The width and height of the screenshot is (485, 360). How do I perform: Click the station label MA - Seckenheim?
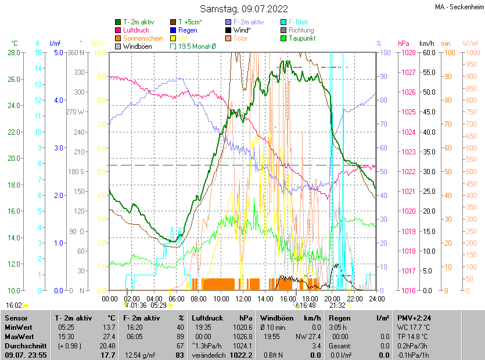[459, 8]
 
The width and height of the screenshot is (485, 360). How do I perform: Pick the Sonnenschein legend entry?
[143, 38]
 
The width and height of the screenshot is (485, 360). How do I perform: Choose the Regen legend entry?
[188, 30]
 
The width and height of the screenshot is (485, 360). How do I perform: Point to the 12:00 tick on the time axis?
[243, 299]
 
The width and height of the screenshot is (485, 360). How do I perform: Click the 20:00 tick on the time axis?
[332, 299]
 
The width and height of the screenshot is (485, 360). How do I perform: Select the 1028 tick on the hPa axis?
[407, 53]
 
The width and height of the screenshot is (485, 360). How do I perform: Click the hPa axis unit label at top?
[403, 44]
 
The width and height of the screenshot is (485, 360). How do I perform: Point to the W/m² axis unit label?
[470, 44]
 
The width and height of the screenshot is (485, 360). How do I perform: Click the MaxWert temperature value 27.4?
[109, 336]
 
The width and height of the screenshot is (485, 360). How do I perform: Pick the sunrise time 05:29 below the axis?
[159, 305]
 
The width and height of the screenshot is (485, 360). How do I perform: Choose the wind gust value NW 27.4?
[308, 336]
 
